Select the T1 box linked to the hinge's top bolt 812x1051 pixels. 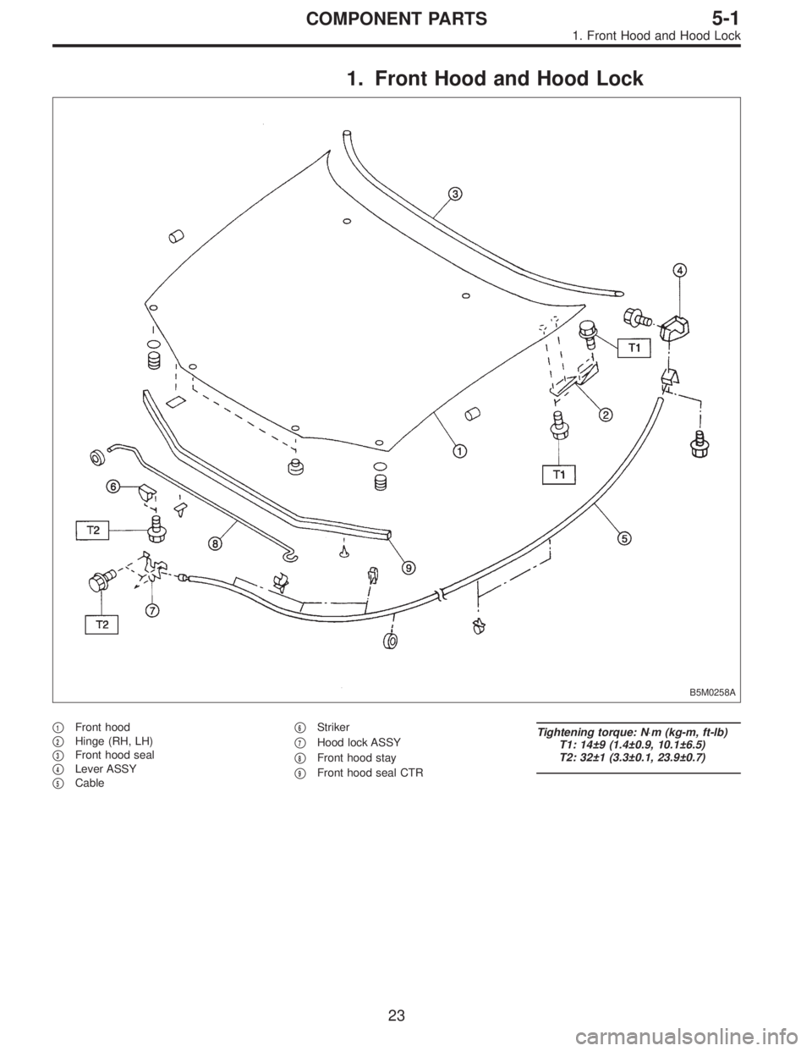pos(636,346)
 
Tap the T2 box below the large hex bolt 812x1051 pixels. pos(101,625)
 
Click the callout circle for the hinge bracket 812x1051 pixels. pos(606,414)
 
